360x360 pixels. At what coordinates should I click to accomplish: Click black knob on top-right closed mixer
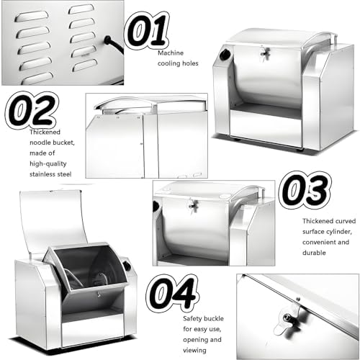[223, 56]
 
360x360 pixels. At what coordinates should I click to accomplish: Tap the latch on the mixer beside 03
[192, 207]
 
